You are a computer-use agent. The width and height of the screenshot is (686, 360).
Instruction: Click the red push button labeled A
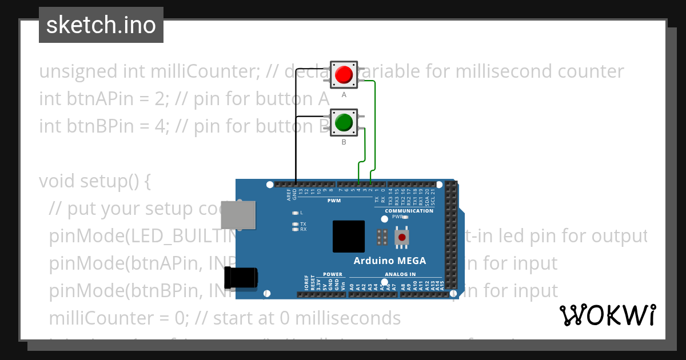[x=344, y=75]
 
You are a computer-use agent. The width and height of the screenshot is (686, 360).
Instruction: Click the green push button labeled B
[x=344, y=122]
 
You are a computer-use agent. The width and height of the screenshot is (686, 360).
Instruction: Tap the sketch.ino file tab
[x=101, y=25]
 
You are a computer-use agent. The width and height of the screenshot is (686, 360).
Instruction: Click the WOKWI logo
[x=608, y=315]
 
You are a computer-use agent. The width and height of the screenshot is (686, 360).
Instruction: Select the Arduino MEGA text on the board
[x=389, y=261]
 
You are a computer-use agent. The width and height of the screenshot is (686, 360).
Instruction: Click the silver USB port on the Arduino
[x=238, y=215]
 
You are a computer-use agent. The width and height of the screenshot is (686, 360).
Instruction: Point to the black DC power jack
[x=241, y=277]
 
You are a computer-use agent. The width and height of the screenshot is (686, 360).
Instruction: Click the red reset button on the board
[x=402, y=237]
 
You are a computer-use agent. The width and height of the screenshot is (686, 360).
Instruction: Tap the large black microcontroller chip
[x=348, y=237]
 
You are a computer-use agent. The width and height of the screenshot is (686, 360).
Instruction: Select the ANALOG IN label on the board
[x=400, y=274]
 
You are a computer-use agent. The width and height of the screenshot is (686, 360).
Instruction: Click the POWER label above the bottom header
[x=333, y=274]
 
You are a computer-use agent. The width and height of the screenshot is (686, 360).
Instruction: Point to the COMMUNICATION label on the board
[x=409, y=211]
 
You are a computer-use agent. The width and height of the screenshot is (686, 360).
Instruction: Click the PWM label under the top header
[x=334, y=201]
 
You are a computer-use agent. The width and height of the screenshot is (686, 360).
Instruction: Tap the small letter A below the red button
[x=344, y=95]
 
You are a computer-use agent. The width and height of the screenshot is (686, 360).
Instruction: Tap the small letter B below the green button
[x=344, y=142]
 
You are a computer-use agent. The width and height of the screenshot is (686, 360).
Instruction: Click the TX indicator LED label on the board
[x=303, y=224]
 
